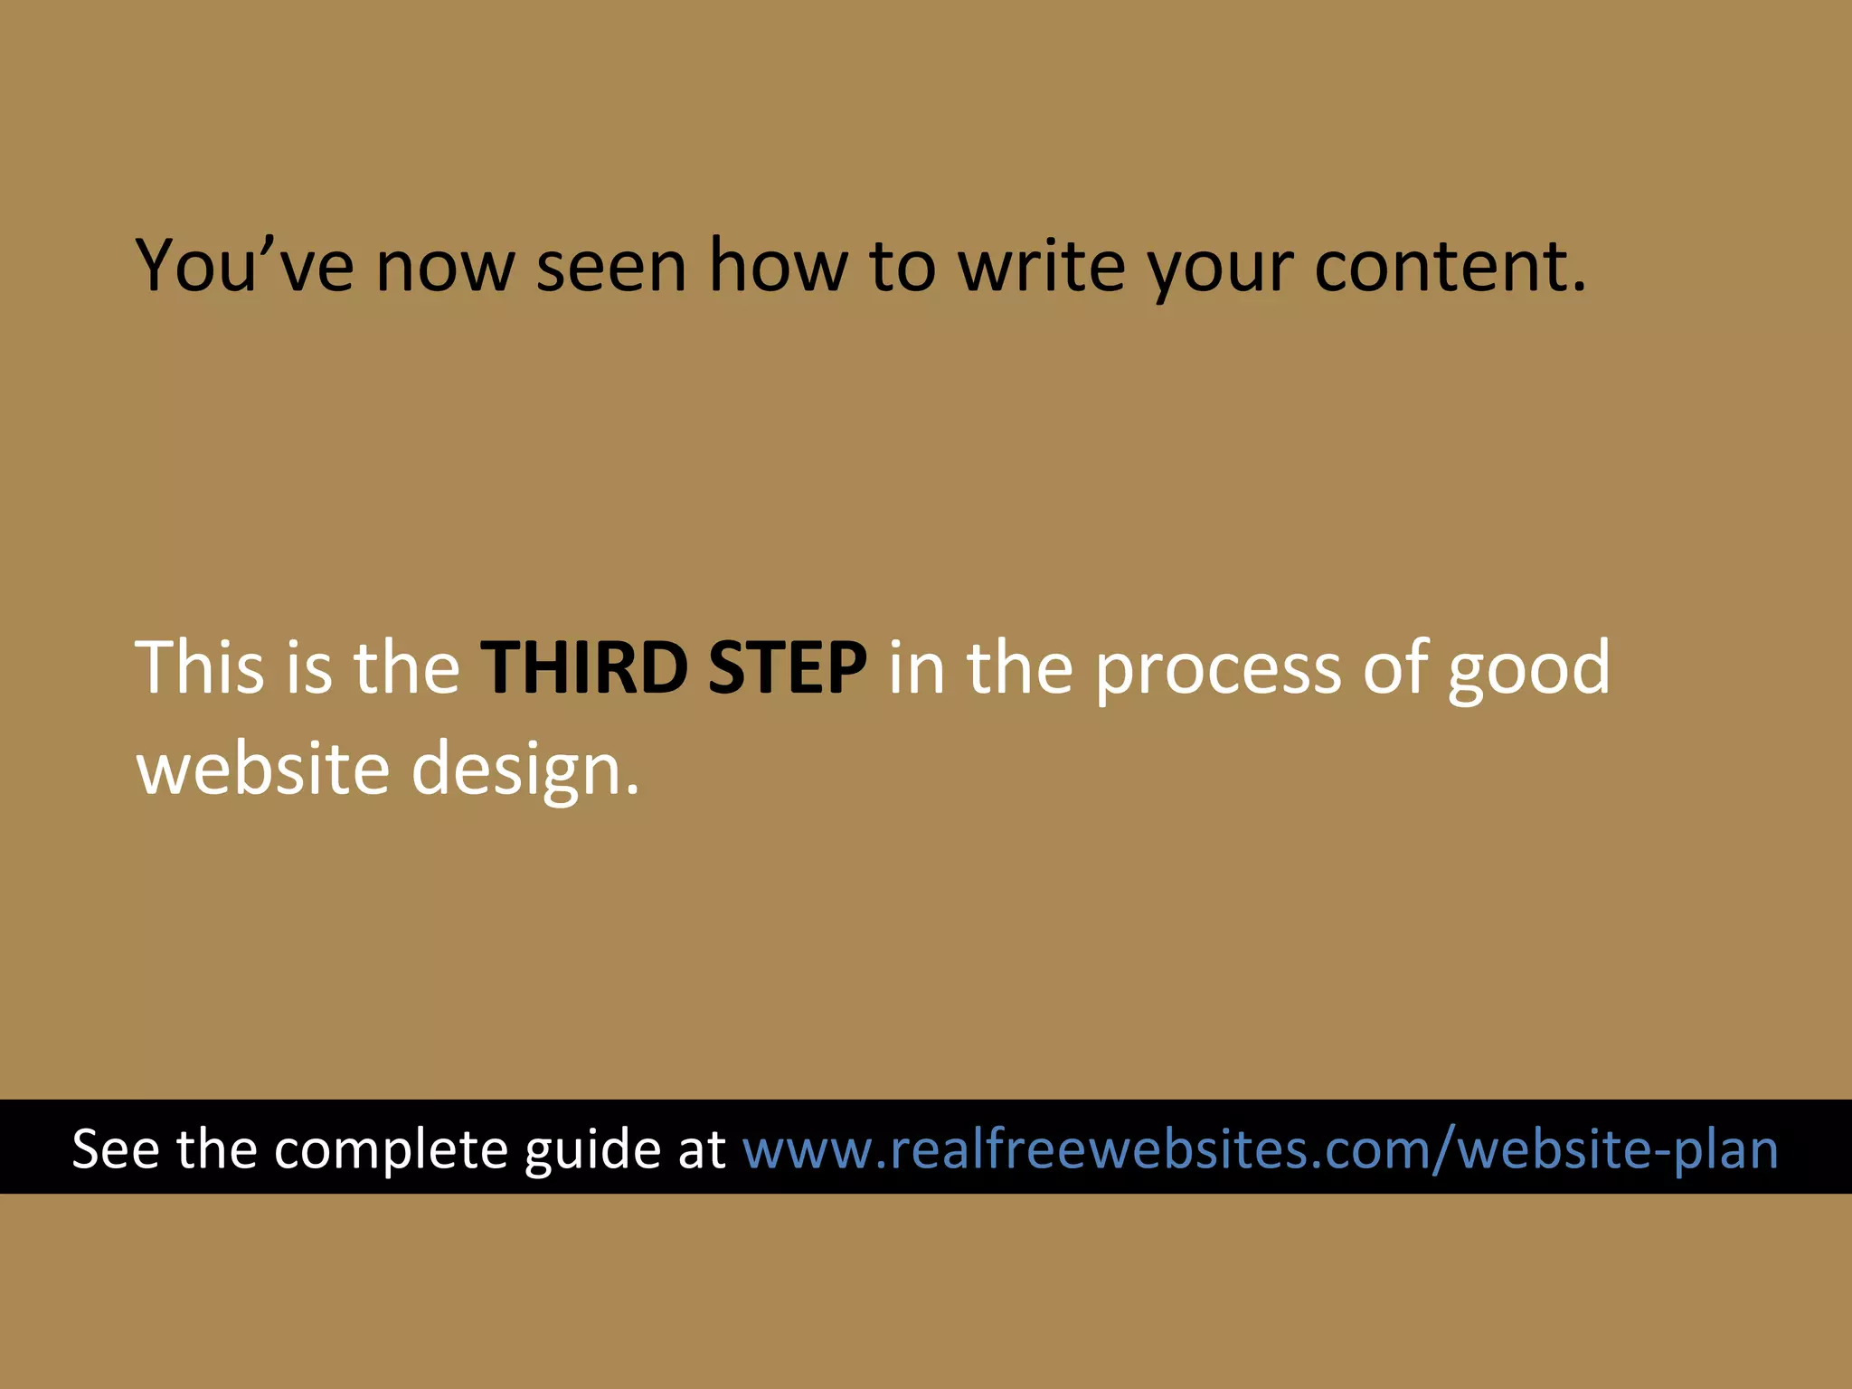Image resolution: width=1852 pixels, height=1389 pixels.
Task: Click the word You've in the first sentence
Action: [x=244, y=266]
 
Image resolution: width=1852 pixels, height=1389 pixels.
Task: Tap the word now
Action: [x=445, y=268]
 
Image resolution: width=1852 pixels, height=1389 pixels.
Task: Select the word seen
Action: [x=611, y=268]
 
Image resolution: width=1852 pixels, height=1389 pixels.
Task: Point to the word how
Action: [x=779, y=266]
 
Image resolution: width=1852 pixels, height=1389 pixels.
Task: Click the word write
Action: [x=1042, y=266]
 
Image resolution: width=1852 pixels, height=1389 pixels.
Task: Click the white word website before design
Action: [x=263, y=769]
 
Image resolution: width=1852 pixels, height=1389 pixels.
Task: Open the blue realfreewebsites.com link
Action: [x=1260, y=1148]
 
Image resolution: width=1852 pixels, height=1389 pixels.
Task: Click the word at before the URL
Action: [x=702, y=1148]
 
